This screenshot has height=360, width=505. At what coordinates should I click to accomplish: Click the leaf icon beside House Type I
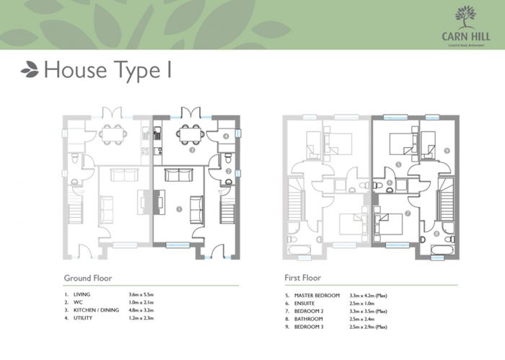[x=29, y=70]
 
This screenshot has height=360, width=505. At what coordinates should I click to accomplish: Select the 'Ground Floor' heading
[x=87, y=278]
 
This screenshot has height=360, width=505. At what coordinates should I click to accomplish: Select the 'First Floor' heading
[x=304, y=278]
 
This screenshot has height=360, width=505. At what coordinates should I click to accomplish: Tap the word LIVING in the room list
[x=84, y=295]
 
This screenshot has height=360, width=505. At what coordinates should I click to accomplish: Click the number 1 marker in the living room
[x=178, y=208]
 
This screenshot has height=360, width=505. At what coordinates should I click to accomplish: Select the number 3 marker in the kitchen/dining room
[x=191, y=152]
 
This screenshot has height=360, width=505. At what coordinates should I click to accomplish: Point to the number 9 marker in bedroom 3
[x=447, y=150]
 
